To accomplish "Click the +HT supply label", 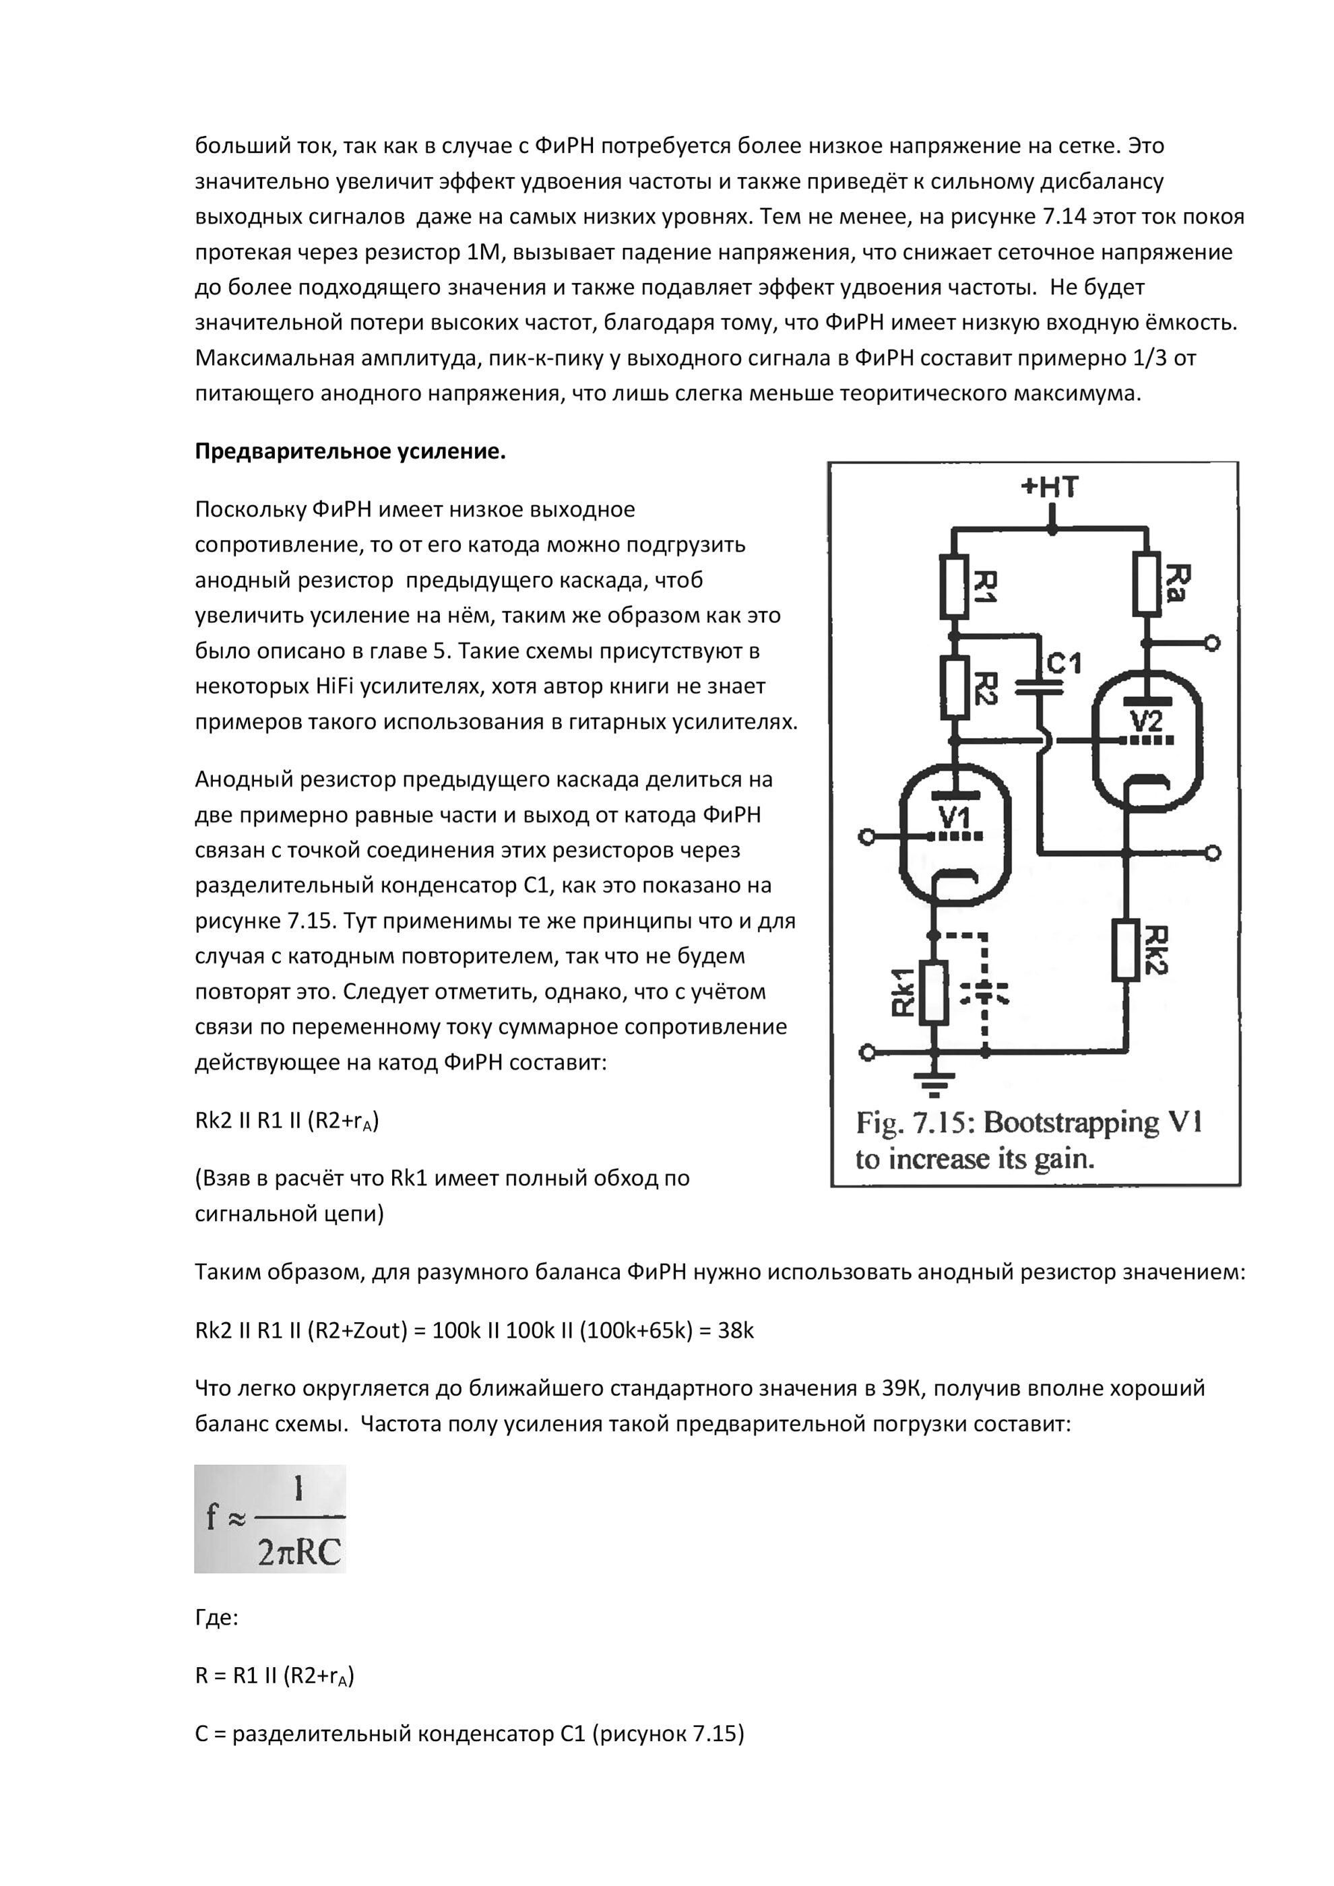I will click(x=1049, y=487).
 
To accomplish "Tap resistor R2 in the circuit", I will click(x=954, y=688).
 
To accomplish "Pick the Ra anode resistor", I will click(x=1147, y=584).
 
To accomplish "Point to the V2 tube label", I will click(x=1146, y=721).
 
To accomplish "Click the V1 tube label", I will click(x=954, y=817).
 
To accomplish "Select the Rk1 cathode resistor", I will click(x=933, y=992).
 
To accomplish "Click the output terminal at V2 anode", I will click(x=1211, y=643).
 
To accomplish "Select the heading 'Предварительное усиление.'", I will click(x=350, y=452).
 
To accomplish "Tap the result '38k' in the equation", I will click(x=735, y=1331).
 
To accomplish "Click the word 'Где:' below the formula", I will click(x=216, y=1618).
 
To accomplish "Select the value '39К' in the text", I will click(x=903, y=1388).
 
